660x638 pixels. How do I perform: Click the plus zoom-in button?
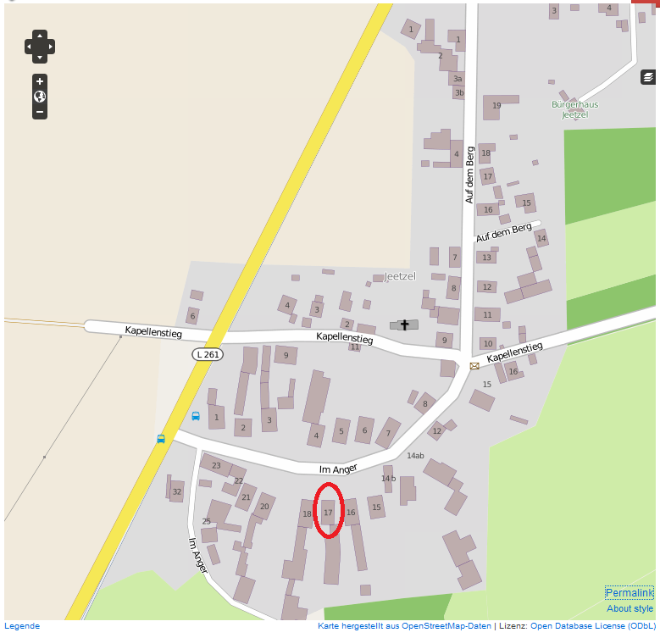pyautogui.click(x=40, y=81)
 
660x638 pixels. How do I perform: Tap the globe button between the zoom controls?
pyautogui.click(x=40, y=97)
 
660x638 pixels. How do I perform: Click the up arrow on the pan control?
pyautogui.click(x=40, y=35)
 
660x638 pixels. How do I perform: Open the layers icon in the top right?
pyautogui.click(x=648, y=77)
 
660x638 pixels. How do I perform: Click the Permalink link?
pyautogui.click(x=629, y=593)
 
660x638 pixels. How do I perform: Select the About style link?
pyautogui.click(x=629, y=608)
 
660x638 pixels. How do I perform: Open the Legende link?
pyautogui.click(x=22, y=626)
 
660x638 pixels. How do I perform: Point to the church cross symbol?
pyautogui.click(x=404, y=325)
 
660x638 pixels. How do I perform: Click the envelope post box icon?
pyautogui.click(x=474, y=366)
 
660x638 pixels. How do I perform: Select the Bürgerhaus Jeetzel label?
pyautogui.click(x=574, y=109)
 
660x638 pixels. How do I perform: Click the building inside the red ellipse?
pyautogui.click(x=329, y=512)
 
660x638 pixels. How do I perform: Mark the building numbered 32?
pyautogui.click(x=176, y=491)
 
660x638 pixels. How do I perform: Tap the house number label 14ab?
pyautogui.click(x=415, y=456)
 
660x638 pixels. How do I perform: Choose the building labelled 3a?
pyautogui.click(x=458, y=78)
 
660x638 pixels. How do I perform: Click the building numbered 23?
pyautogui.click(x=216, y=465)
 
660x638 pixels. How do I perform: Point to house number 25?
pyautogui.click(x=206, y=521)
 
